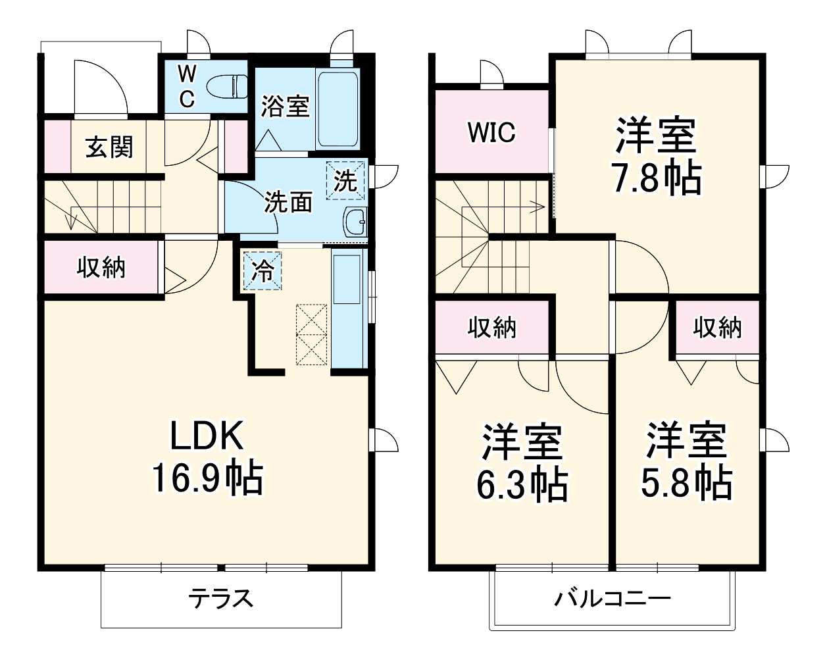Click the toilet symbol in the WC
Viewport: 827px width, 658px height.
[226, 86]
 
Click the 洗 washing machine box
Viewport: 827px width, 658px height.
[345, 178]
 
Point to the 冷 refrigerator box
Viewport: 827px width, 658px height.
[263, 270]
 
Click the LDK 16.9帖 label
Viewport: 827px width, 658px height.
[208, 456]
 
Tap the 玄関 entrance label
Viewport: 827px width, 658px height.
[109, 146]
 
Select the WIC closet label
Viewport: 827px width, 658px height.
[491, 132]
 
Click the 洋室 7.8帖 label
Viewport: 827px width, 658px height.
[655, 156]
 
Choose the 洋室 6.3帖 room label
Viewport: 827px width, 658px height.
[522, 463]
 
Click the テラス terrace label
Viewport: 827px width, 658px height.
[221, 599]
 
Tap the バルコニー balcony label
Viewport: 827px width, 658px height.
[612, 599]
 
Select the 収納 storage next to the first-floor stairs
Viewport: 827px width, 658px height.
[101, 268]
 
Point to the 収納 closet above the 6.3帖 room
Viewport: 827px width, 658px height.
[491, 327]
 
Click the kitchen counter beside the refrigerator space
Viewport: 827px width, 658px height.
[347, 309]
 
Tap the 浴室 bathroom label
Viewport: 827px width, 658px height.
[285, 106]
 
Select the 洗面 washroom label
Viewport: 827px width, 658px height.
[288, 203]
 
